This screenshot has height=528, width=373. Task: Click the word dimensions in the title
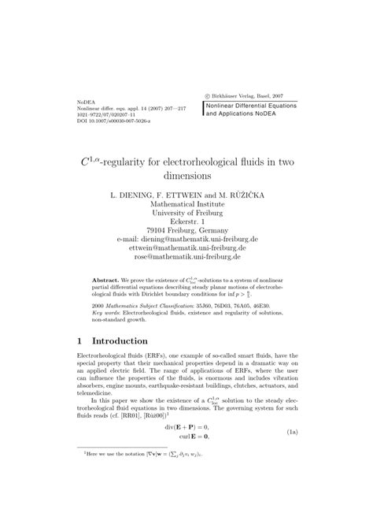tap(186, 177)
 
